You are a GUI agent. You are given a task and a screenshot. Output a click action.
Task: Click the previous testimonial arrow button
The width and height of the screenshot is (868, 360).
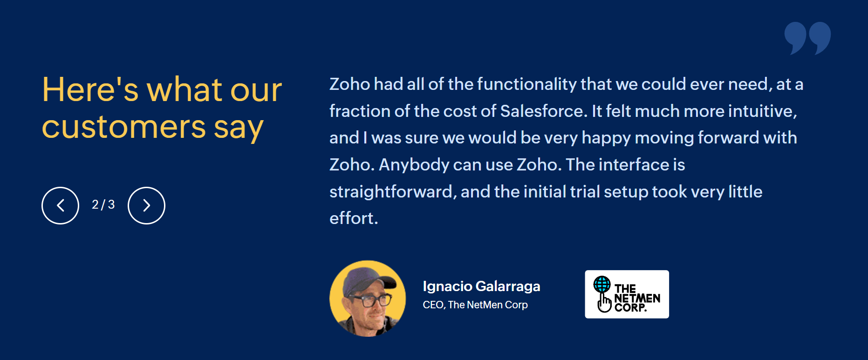click(x=61, y=205)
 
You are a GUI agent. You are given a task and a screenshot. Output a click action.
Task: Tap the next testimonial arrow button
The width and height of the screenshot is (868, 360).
click(x=146, y=205)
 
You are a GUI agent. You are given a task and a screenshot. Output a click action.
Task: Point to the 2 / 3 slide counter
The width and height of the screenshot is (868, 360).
click(x=103, y=204)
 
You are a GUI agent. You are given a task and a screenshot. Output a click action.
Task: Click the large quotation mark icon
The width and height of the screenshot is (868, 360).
click(x=807, y=38)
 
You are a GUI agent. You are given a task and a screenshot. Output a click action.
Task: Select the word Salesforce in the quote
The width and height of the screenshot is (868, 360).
click(x=541, y=111)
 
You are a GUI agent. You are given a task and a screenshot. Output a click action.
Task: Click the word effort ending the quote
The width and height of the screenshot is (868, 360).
click(x=354, y=218)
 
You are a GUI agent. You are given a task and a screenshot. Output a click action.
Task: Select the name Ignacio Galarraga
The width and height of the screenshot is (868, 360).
click(x=481, y=286)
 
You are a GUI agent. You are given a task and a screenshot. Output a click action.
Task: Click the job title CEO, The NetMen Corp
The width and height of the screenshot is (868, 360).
click(x=475, y=305)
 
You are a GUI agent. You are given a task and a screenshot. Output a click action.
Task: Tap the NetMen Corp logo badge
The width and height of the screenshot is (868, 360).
click(x=627, y=294)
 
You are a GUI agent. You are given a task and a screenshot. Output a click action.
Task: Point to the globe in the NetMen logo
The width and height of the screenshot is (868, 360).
click(x=602, y=284)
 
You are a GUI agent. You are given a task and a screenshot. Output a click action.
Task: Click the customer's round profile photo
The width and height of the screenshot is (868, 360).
click(x=368, y=299)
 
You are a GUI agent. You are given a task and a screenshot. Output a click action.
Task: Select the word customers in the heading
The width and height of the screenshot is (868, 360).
click(x=124, y=127)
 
